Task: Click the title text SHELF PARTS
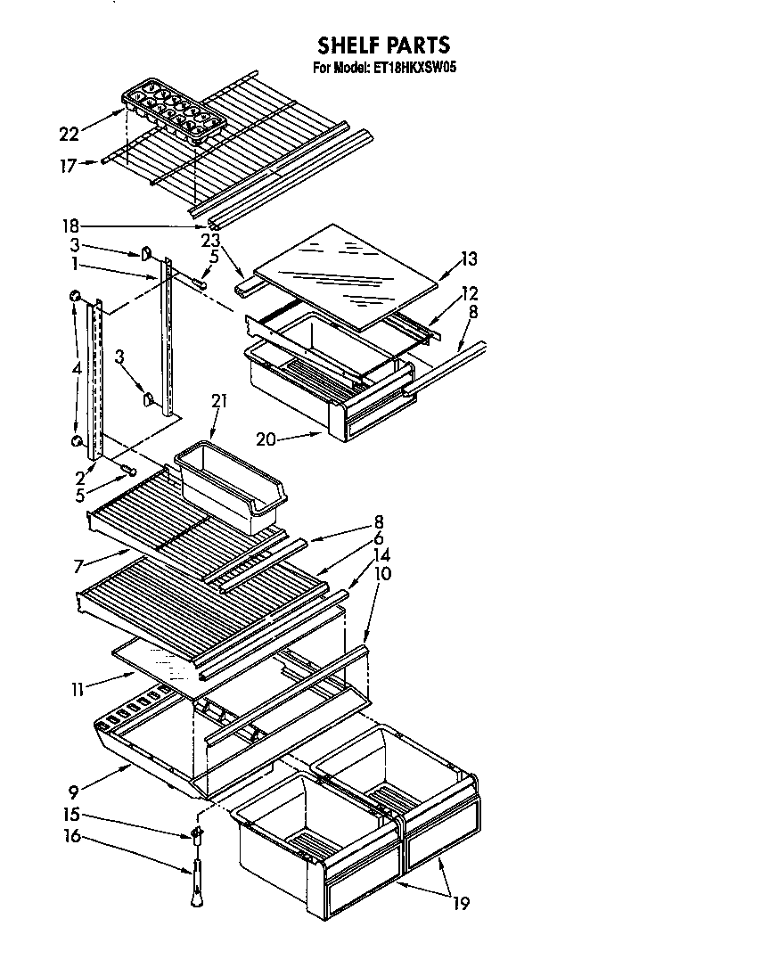pos(384,45)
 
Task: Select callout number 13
pos(469,259)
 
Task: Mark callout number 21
pos(219,402)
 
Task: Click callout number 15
pos(71,815)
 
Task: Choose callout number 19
pos(461,904)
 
